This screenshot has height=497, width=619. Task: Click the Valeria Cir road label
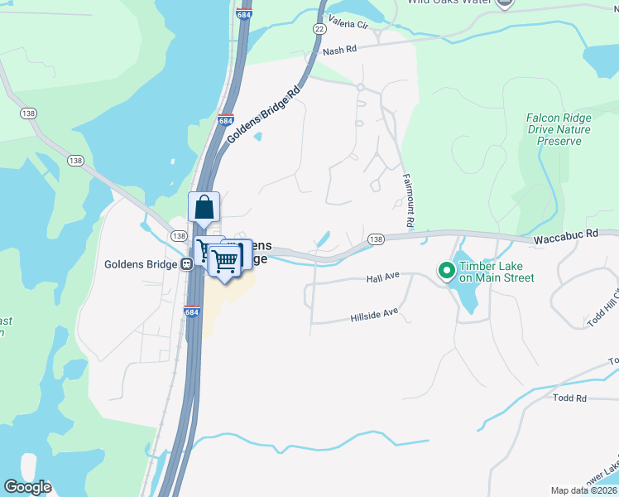pyautogui.click(x=348, y=19)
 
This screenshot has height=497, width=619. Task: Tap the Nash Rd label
pyautogui.click(x=339, y=50)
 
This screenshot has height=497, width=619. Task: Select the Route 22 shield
pyautogui.click(x=319, y=28)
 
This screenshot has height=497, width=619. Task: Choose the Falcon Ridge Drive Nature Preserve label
pyautogui.click(x=559, y=129)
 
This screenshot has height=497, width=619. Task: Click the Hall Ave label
pyautogui.click(x=383, y=280)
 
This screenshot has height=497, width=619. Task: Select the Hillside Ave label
pyautogui.click(x=374, y=316)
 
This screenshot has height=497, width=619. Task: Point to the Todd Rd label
pyautogui.click(x=570, y=398)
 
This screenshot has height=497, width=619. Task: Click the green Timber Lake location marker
pyautogui.click(x=446, y=271)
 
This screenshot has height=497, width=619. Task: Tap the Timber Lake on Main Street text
pyautogui.click(x=497, y=272)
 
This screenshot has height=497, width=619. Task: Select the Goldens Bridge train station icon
pyautogui.click(x=187, y=264)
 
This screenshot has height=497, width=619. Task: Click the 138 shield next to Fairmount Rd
pyautogui.click(x=376, y=239)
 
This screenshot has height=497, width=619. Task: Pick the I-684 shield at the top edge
pyautogui.click(x=242, y=14)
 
